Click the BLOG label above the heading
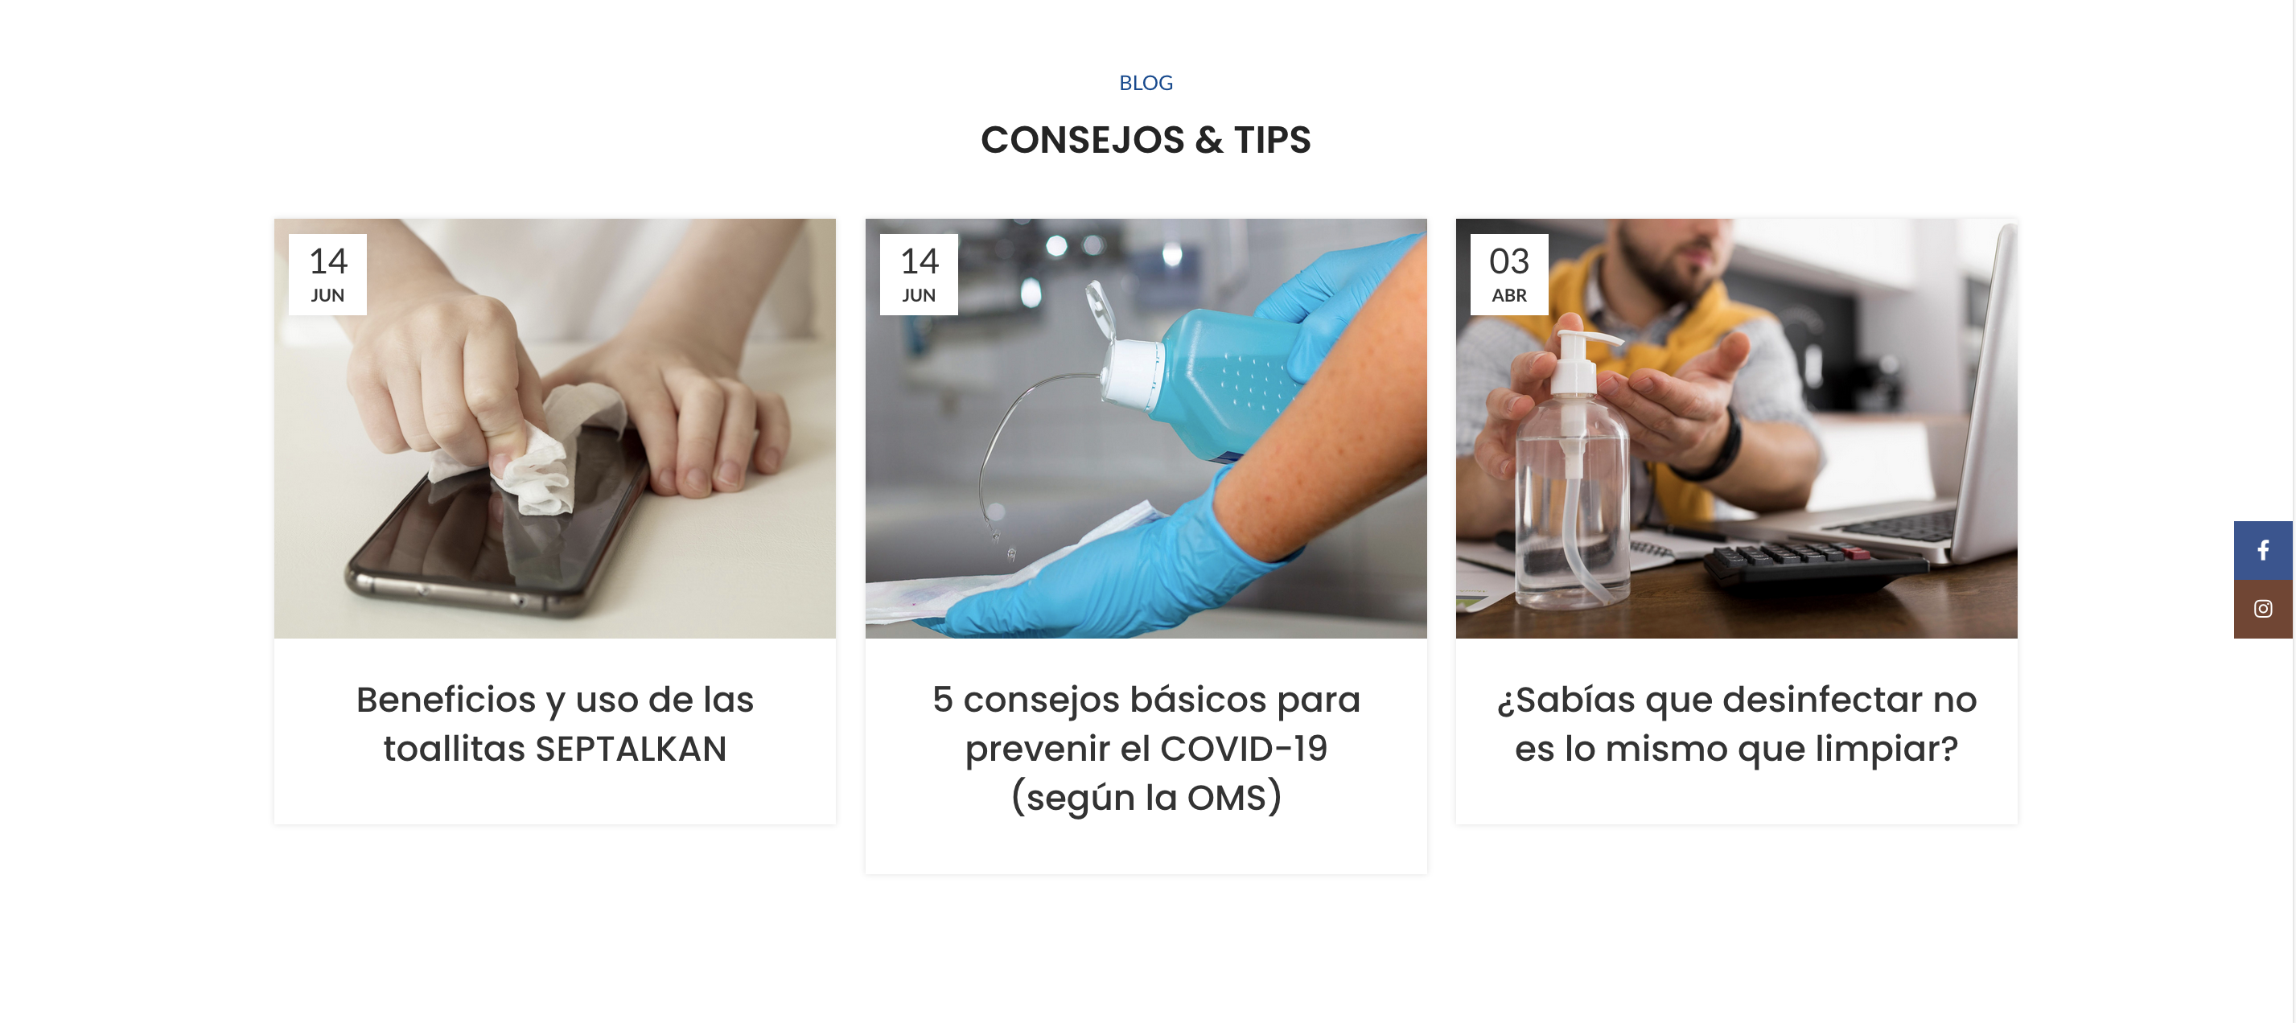(x=1146, y=83)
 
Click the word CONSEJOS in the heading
(x=1083, y=140)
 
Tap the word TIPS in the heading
(x=1272, y=140)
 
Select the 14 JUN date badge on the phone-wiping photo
(x=327, y=274)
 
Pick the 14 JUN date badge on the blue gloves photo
(x=918, y=274)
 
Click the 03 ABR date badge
(x=1508, y=274)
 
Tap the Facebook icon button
(x=2262, y=551)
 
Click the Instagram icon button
(x=2262, y=610)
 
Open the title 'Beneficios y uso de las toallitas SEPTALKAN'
(x=554, y=724)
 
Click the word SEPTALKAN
(x=630, y=749)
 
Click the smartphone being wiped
(x=499, y=526)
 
